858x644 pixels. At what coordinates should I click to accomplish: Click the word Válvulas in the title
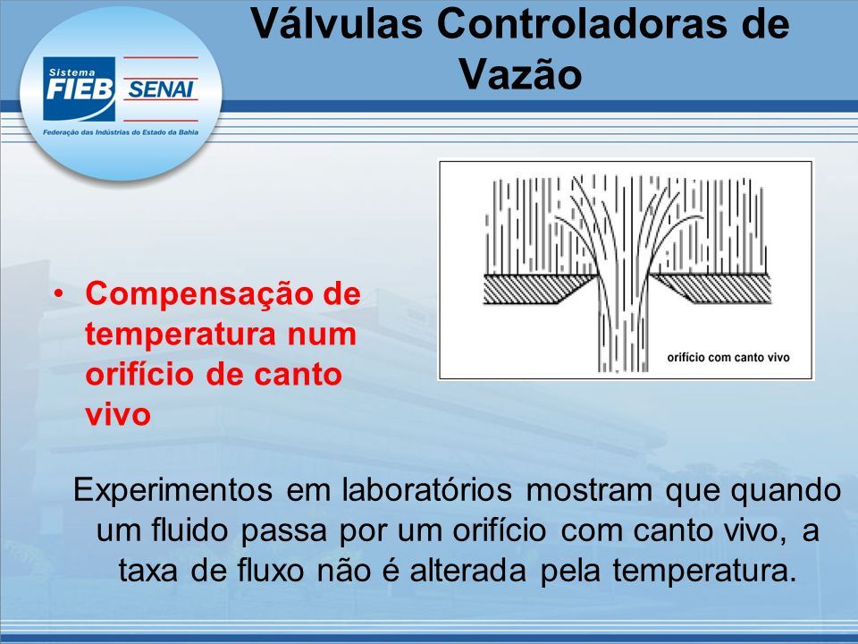pos(337,23)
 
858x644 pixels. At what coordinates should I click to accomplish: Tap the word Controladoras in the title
pos(585,23)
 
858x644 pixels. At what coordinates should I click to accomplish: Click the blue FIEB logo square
pos(80,89)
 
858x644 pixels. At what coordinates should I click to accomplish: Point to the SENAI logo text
pos(160,89)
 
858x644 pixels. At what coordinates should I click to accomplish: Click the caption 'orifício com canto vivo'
pos(728,358)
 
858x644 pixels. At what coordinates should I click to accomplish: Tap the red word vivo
pos(118,414)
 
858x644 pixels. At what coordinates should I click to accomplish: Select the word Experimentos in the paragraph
pos(172,490)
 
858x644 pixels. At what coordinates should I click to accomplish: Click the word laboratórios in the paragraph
pos(427,490)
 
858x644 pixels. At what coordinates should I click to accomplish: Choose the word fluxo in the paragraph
pos(270,571)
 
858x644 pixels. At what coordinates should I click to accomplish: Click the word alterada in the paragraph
pos(467,571)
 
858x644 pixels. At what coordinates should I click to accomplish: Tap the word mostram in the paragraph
pos(589,491)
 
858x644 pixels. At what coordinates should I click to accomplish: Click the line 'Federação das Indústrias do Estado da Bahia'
pos(121,132)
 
